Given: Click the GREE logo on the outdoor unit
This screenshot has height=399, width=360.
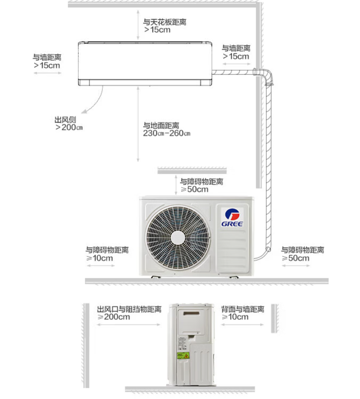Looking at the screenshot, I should (232, 217).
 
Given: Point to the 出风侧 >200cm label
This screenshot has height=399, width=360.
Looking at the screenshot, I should (68, 123).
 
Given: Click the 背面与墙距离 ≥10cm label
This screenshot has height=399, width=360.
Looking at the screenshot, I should (242, 313).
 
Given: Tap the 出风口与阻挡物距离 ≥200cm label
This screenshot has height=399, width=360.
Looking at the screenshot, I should (128, 313).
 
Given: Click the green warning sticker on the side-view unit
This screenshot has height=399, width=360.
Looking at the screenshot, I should (183, 356).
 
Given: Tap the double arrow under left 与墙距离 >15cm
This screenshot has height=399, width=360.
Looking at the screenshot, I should (47, 73).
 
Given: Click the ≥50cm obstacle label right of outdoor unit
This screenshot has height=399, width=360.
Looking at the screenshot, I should (302, 254).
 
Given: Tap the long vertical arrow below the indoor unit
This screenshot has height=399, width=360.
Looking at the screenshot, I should (138, 124).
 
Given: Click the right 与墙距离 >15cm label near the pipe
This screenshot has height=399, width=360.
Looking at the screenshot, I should (236, 52).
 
